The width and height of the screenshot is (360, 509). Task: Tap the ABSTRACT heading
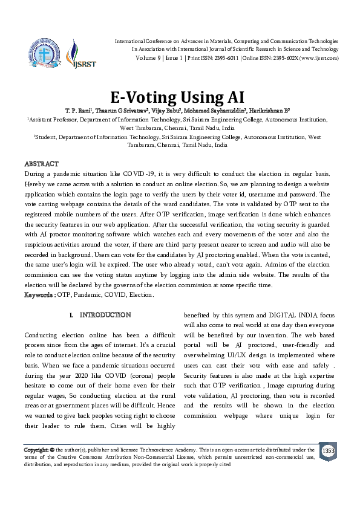41,164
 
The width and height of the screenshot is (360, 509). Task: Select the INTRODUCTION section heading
105,315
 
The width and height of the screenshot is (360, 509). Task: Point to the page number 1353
328,451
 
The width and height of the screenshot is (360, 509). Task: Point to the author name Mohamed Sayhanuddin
211,111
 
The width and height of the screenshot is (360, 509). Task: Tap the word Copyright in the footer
36,450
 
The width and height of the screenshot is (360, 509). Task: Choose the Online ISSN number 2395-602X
283,57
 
